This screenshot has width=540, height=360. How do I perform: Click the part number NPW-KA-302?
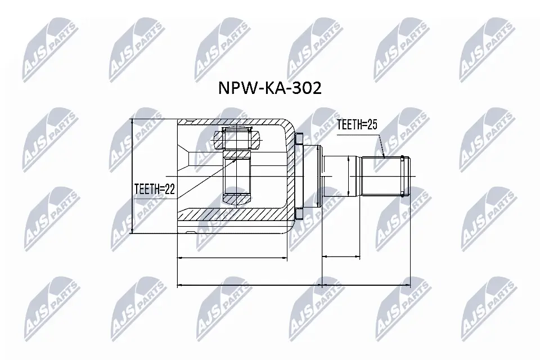[x=269, y=88]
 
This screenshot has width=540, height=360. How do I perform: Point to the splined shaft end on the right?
[x=386, y=175]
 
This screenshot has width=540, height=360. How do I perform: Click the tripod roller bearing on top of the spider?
[x=237, y=137]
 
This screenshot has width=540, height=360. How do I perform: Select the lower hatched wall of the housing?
[x=236, y=215]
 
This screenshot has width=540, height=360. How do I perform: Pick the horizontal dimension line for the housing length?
[x=232, y=258]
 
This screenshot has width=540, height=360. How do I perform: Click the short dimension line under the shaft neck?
[x=341, y=258]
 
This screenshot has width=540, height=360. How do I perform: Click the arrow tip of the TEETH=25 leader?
[x=384, y=156]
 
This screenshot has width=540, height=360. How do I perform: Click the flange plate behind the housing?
[x=299, y=175]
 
